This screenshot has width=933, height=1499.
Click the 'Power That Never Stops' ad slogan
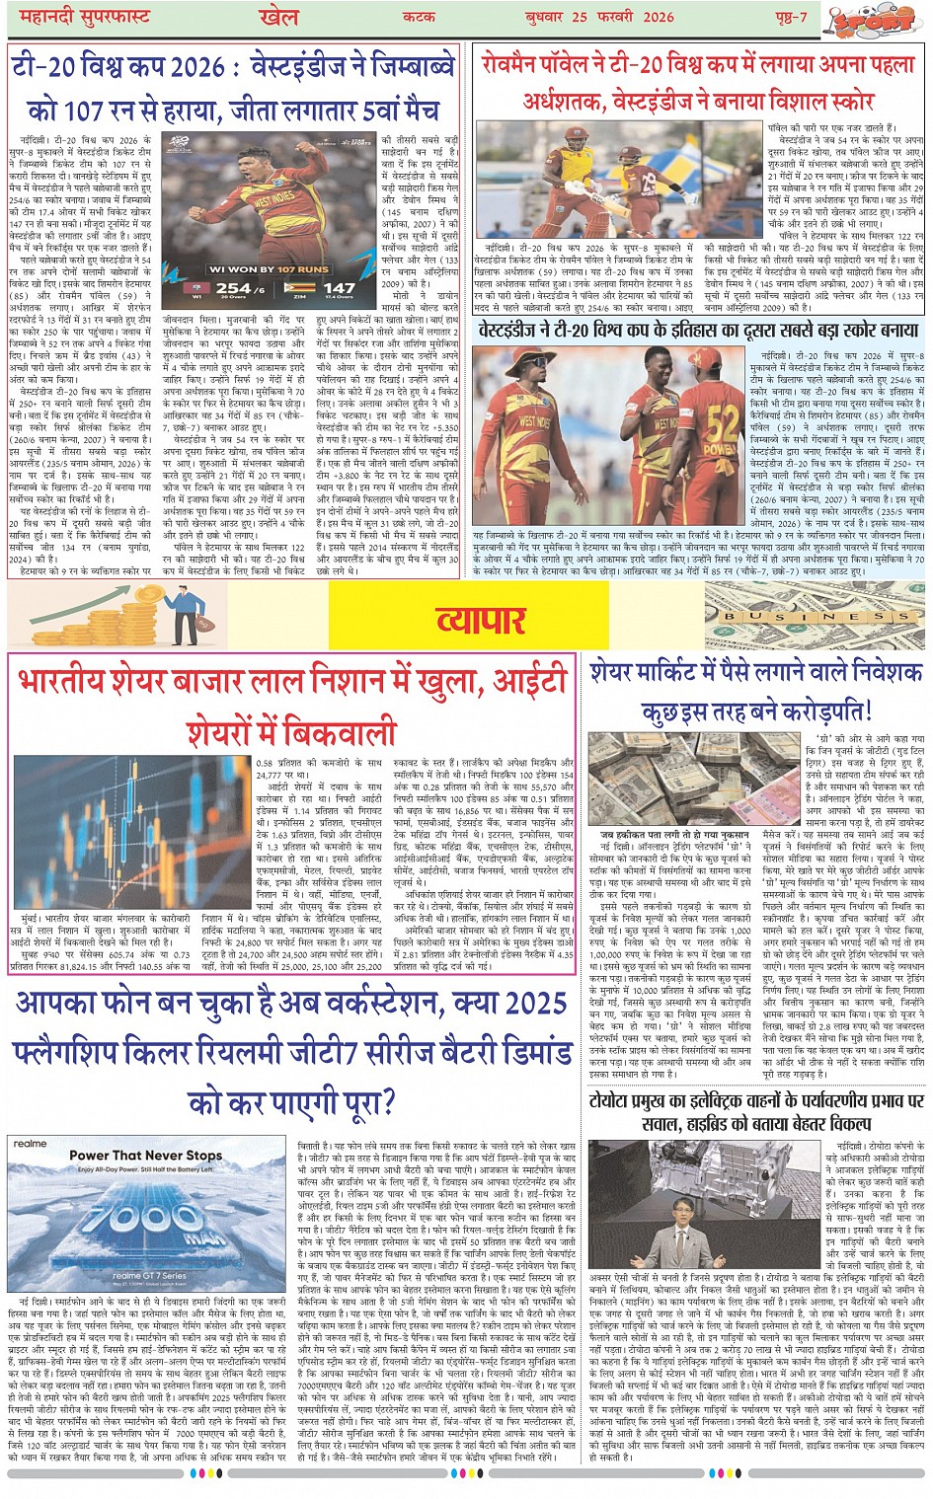tap(145, 1156)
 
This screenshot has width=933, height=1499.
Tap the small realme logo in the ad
tap(30, 1144)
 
